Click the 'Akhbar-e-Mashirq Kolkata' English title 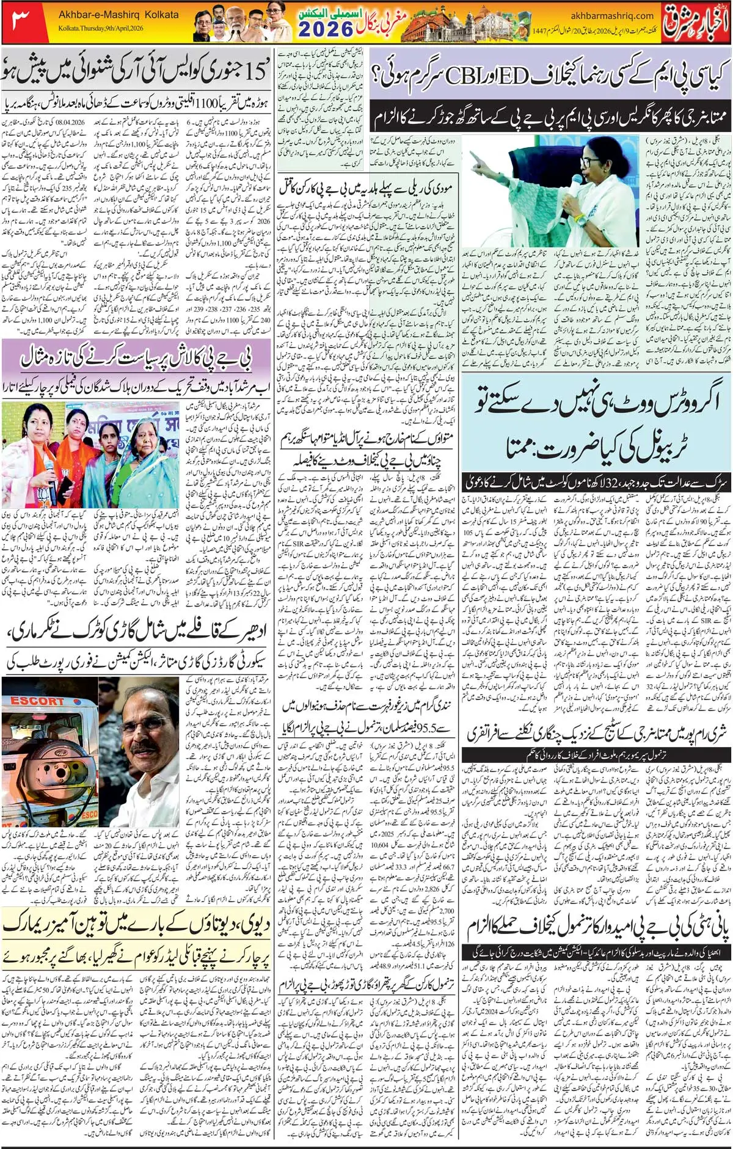pyautogui.click(x=119, y=15)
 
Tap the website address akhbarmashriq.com pyautogui.click(x=612, y=16)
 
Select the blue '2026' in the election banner pyautogui.click(x=326, y=29)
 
